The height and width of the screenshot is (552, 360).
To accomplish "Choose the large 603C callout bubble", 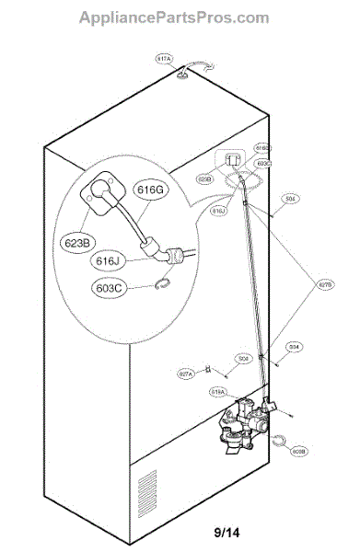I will tap(110, 288).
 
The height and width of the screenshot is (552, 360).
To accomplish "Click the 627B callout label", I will tap(326, 284).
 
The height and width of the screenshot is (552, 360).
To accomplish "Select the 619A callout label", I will tap(218, 391).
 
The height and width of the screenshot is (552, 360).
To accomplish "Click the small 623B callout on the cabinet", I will tap(205, 180).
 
